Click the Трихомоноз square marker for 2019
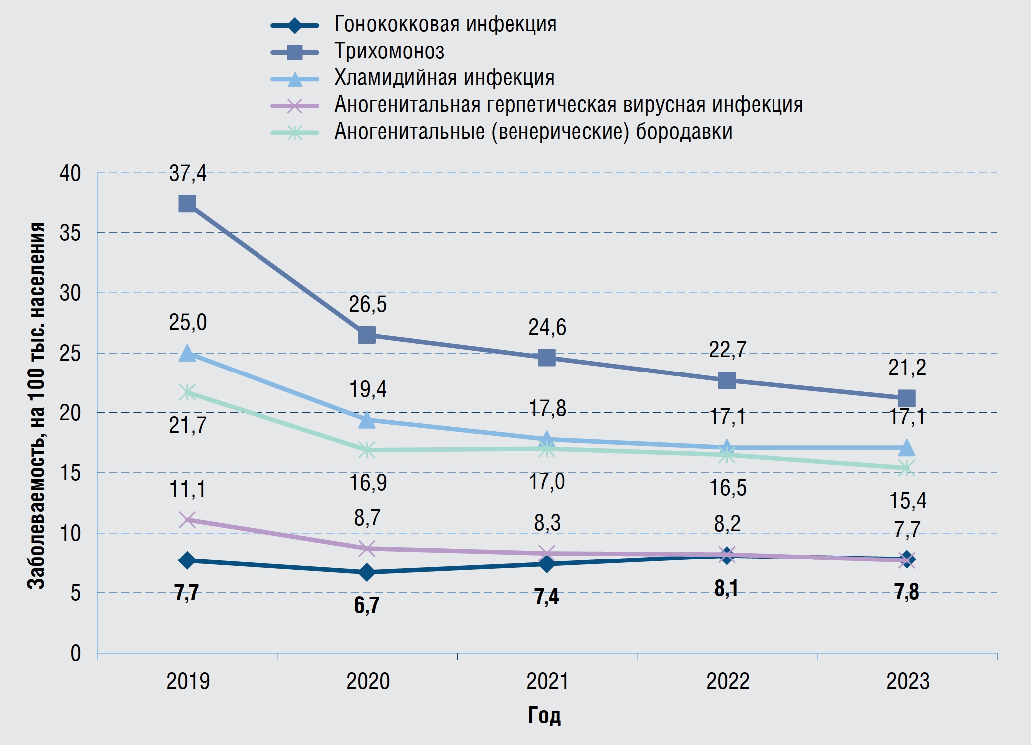point(187,203)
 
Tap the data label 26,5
point(368,304)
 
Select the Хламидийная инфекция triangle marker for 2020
point(367,420)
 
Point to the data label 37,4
point(187,174)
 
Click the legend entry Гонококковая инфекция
point(445,24)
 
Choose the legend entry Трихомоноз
point(389,51)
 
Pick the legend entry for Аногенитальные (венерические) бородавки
point(533,132)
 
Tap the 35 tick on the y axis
point(70,233)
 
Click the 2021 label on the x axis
point(547,681)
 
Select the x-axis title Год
point(544,715)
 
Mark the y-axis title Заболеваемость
point(36,406)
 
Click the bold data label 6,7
point(367,605)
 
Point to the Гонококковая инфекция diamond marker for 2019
point(187,560)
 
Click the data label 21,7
point(187,425)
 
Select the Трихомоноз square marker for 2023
point(906,398)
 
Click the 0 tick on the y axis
point(75,653)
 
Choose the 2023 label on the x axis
point(908,681)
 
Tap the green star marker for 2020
point(367,450)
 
